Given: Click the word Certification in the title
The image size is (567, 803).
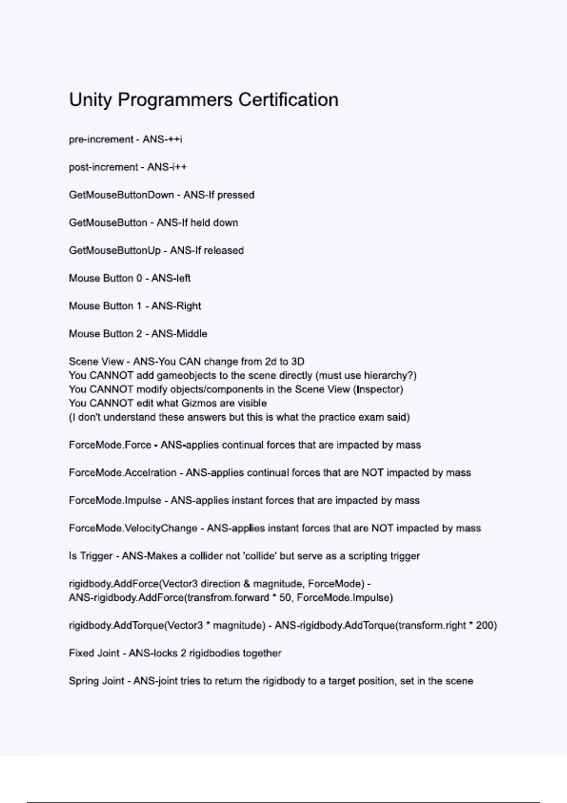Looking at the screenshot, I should (x=288, y=100).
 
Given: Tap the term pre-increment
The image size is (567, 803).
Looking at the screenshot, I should (x=101, y=139).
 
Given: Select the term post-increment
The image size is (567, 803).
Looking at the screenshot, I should (x=103, y=167).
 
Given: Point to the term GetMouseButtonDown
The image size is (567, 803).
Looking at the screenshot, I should (x=121, y=195).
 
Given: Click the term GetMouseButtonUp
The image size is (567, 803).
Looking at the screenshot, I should (x=115, y=250).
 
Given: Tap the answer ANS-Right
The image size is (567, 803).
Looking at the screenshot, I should (x=176, y=306).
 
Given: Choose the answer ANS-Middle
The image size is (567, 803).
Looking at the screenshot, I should (x=179, y=334).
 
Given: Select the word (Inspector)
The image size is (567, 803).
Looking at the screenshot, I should (x=378, y=390).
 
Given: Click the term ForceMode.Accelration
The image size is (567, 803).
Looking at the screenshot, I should (x=122, y=473).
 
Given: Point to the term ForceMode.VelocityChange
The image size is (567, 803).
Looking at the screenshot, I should (x=133, y=528).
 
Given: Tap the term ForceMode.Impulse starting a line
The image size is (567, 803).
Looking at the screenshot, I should (x=115, y=500).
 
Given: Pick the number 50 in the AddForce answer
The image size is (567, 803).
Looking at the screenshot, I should (x=285, y=598).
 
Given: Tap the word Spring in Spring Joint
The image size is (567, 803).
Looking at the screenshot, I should (x=82, y=681).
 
